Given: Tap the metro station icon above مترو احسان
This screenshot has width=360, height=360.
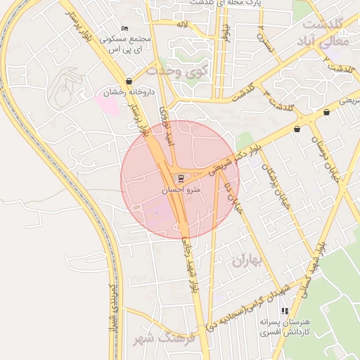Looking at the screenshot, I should point(182,179).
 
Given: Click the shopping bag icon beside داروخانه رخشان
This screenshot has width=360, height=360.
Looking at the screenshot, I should point(129,82).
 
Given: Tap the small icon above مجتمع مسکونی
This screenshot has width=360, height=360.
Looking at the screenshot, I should point(124,28).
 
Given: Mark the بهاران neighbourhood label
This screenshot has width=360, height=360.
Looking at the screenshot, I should point(245,262).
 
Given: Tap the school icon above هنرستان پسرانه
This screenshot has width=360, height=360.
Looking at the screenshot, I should point(285,311).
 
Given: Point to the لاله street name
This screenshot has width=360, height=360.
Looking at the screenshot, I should point(181,25).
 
